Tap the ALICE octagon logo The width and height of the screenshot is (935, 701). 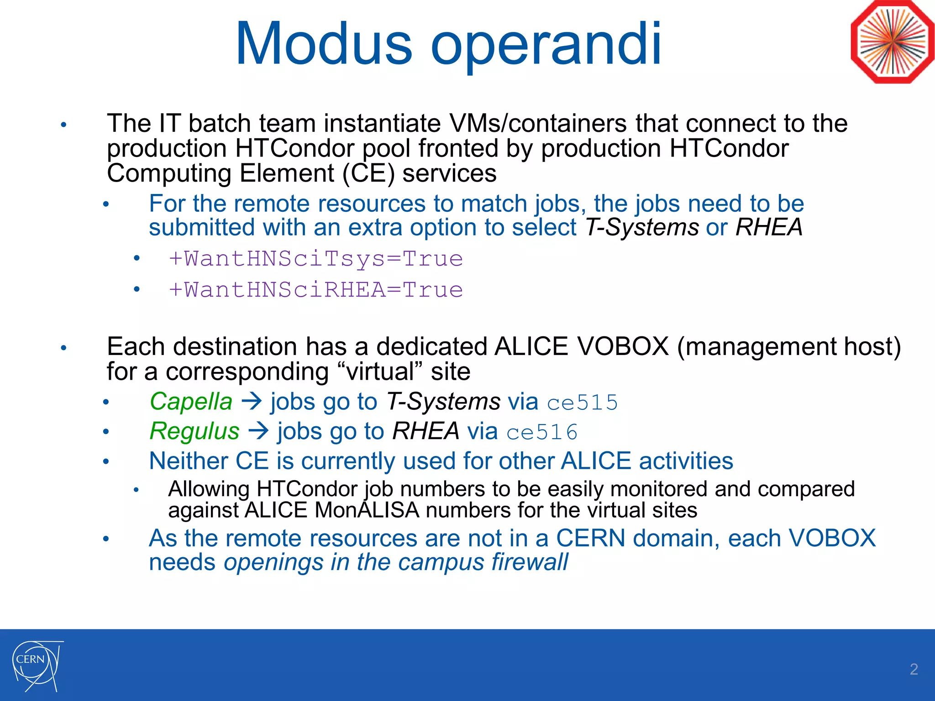tap(892, 42)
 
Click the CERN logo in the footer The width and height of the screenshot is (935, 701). tap(37, 665)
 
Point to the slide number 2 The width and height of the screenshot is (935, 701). tap(914, 669)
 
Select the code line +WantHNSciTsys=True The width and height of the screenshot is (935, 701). tap(316, 259)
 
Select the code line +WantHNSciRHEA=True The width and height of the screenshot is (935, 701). tap(316, 290)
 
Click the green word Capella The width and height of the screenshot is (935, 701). tap(191, 402)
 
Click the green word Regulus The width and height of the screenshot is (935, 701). tap(194, 431)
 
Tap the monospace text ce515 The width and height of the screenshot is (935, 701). tap(582, 403)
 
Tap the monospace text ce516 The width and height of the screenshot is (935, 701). tap(542, 432)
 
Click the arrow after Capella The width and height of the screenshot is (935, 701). tap(252, 402)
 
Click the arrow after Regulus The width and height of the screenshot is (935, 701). tap(259, 431)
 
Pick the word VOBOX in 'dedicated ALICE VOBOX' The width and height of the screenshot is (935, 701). tap(623, 346)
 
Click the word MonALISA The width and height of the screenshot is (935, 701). tap(367, 510)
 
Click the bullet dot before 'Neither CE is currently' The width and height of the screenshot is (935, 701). tap(106, 462)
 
